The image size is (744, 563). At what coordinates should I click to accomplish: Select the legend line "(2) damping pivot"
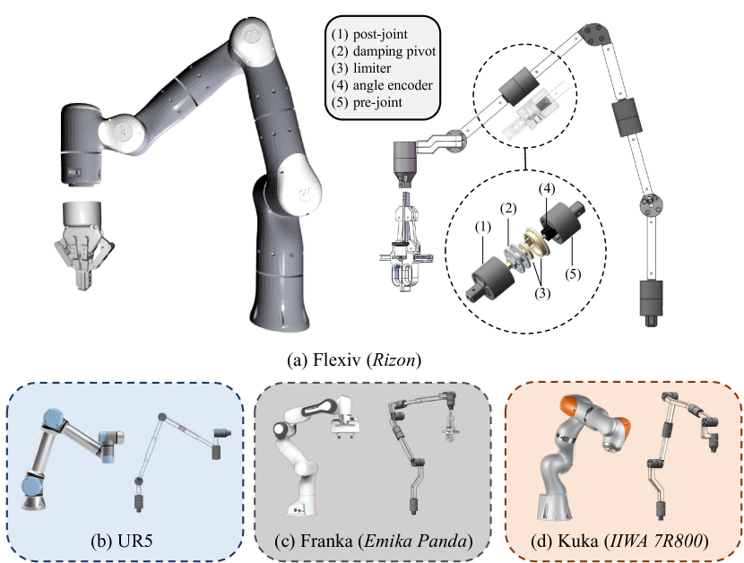click(384, 52)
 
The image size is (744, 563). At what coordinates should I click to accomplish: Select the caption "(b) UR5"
click(125, 542)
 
